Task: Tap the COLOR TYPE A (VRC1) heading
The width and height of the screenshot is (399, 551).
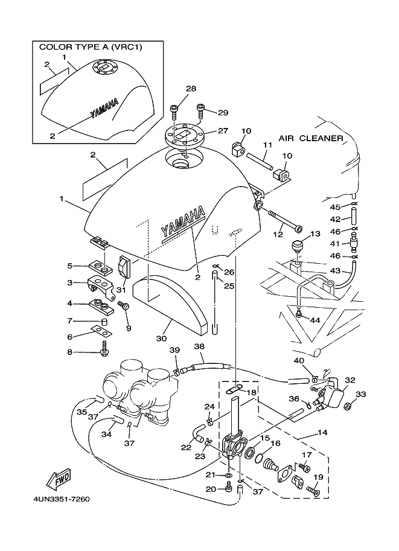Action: click(x=91, y=46)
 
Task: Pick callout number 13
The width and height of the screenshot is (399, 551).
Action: click(x=314, y=234)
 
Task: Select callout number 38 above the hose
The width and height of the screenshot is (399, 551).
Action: click(x=199, y=346)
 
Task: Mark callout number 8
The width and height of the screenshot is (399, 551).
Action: click(x=86, y=352)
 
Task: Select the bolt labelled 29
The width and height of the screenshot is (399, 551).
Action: click(x=200, y=110)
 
